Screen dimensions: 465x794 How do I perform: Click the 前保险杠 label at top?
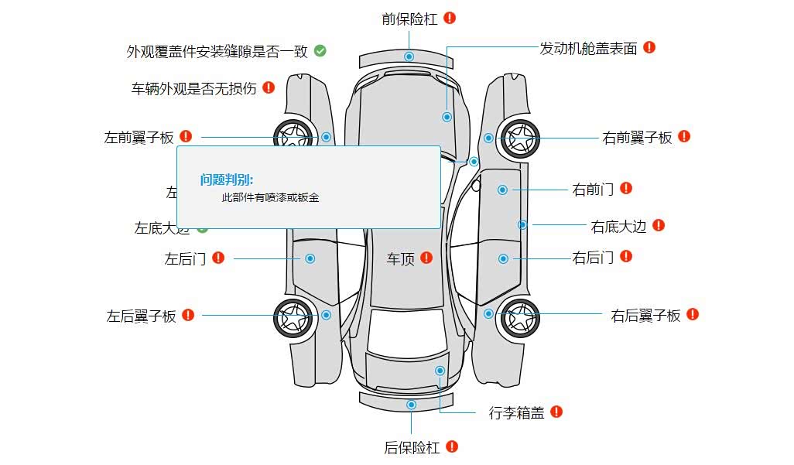(409, 19)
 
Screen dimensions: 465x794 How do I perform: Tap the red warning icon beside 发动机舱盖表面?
(649, 47)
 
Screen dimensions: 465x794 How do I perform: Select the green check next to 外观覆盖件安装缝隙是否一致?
(320, 51)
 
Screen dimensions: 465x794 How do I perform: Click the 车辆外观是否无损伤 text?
(193, 88)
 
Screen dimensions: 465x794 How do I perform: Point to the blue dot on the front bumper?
(409, 57)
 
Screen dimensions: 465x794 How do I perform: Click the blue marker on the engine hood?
(447, 117)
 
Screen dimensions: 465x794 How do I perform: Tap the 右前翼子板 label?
(637, 138)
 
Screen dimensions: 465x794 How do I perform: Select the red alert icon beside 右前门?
(626, 188)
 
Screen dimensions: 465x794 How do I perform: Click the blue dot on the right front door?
(502, 190)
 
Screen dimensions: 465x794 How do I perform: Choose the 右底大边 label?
(618, 227)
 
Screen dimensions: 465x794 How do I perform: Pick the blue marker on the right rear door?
(503, 258)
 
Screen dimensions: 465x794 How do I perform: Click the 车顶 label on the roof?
(401, 258)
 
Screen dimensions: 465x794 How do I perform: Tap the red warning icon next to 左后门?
(218, 258)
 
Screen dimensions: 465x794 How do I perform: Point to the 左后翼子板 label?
(141, 316)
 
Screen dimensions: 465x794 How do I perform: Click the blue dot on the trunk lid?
(440, 371)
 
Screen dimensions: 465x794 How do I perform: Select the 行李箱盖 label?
(516, 413)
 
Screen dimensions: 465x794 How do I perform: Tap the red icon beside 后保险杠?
(453, 446)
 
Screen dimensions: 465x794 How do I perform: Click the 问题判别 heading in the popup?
(227, 180)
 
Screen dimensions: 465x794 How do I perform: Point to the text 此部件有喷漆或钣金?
(270, 198)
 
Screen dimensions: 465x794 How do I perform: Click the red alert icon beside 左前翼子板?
(186, 137)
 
